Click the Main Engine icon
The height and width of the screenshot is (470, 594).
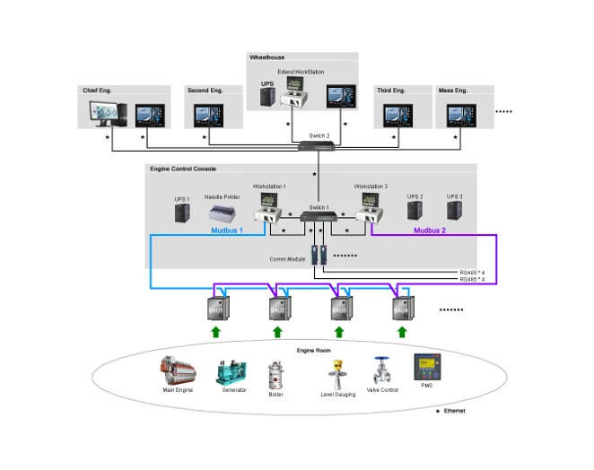[x=179, y=371]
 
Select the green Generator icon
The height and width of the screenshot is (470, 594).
[x=231, y=371]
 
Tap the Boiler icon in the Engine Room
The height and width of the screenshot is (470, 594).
[x=276, y=374]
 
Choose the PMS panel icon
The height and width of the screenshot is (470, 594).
[x=424, y=369]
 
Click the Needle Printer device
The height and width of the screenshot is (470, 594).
[x=223, y=213]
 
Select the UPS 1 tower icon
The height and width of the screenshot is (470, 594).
[x=182, y=213]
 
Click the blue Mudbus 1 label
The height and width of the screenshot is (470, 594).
[x=227, y=231]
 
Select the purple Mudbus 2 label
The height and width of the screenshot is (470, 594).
[x=429, y=231]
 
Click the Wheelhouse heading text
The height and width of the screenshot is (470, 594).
[x=267, y=57]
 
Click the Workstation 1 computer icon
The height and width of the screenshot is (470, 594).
[x=269, y=210]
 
